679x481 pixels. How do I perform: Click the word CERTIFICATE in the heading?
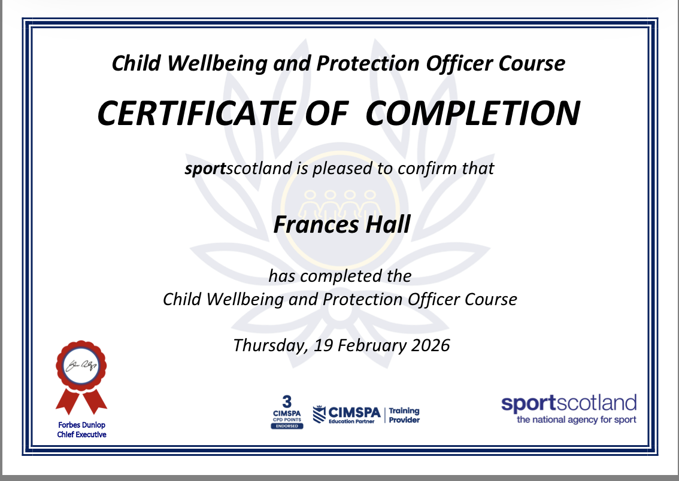pyautogui.click(x=196, y=114)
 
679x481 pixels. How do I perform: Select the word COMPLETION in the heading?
pyautogui.click(x=473, y=114)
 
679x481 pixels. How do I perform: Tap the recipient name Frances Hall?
pyautogui.click(x=342, y=224)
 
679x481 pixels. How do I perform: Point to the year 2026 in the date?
pyautogui.click(x=431, y=345)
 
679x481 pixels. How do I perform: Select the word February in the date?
pyautogui.click(x=372, y=346)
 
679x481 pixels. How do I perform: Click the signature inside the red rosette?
pyautogui.click(x=81, y=366)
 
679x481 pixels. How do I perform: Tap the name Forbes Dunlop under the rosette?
pyautogui.click(x=82, y=425)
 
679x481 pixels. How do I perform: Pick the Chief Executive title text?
pyautogui.click(x=82, y=434)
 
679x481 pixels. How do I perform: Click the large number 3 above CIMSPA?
pyautogui.click(x=287, y=402)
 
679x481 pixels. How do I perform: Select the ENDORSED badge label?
pyautogui.click(x=287, y=426)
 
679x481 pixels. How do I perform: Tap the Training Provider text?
pyautogui.click(x=404, y=415)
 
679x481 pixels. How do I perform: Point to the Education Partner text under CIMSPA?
pyautogui.click(x=351, y=421)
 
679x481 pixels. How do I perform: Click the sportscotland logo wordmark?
pyautogui.click(x=569, y=403)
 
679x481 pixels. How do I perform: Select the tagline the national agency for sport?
pyautogui.click(x=577, y=419)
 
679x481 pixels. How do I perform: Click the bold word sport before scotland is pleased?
pyautogui.click(x=205, y=169)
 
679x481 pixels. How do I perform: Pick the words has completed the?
pyautogui.click(x=340, y=276)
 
